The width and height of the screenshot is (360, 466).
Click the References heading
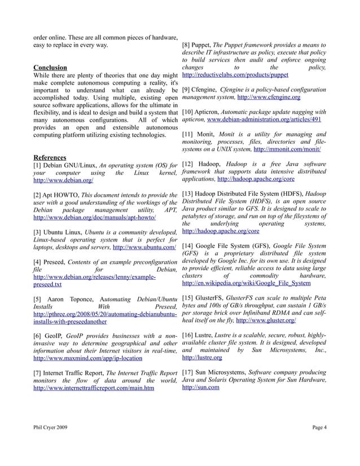pyautogui.click(x=50, y=157)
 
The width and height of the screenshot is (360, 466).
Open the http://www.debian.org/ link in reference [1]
pyautogui.click(x=63, y=181)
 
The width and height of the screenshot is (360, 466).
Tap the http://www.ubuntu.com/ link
pyautogui.click(x=144, y=247)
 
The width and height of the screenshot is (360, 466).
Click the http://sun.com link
pyautogui.click(x=200, y=388)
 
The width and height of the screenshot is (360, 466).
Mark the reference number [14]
pyautogui.click(x=188, y=246)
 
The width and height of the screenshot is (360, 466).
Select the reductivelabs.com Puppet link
pyautogui.click(x=235, y=74)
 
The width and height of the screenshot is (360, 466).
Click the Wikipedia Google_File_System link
pyautogui.click(x=246, y=283)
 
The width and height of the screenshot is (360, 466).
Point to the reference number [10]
pyautogui.click(x=188, y=112)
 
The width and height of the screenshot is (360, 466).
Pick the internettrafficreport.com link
pyautogui.click(x=94, y=388)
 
